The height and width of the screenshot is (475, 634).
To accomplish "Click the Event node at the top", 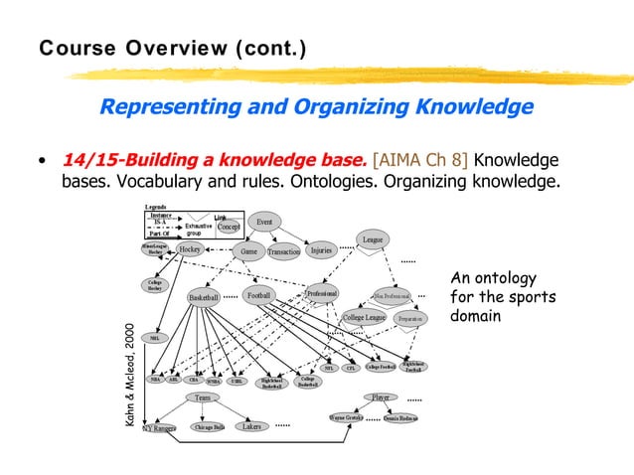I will point(264,222).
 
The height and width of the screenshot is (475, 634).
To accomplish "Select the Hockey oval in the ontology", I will point(190,249).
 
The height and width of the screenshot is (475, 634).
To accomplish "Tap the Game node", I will point(246,252).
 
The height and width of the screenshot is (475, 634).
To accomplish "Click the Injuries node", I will point(321,251).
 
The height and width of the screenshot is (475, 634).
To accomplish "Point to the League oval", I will point(373,239).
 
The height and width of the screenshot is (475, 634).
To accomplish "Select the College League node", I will point(364,318).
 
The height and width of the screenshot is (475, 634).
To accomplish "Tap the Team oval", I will point(202,397).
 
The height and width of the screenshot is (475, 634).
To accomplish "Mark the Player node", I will point(381,397).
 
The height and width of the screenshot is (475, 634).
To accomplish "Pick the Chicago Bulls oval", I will point(209,427).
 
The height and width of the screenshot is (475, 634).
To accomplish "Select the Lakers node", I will point(252,426).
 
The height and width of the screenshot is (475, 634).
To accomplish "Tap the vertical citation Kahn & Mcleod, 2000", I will point(129,376).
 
